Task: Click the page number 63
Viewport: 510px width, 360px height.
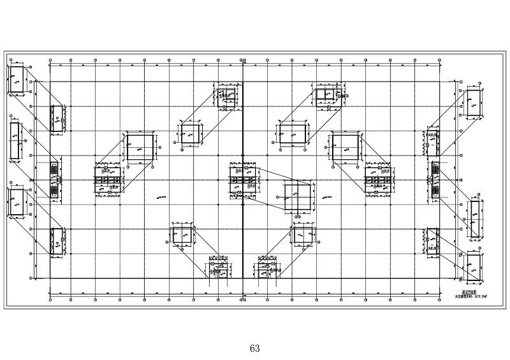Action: click(x=255, y=349)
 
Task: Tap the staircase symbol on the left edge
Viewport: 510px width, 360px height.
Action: click(x=54, y=180)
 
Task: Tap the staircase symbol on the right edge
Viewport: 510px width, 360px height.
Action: click(x=436, y=180)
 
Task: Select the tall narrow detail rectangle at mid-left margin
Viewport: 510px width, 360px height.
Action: click(x=15, y=140)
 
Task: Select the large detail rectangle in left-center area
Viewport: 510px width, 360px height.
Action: click(x=140, y=148)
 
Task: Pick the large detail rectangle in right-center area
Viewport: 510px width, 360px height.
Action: click(x=346, y=148)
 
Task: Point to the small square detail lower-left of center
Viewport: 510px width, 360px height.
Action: click(x=183, y=237)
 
